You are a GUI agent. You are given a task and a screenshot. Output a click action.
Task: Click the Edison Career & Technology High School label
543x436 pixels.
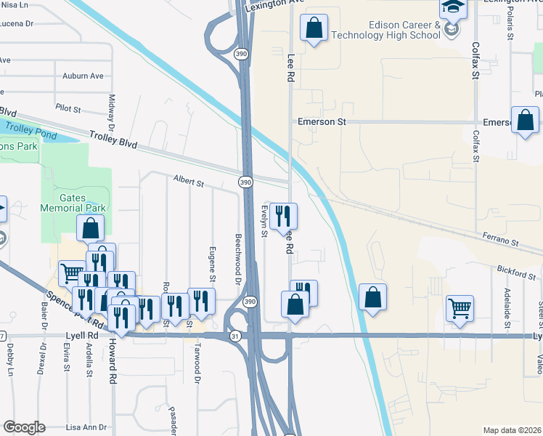[384, 30]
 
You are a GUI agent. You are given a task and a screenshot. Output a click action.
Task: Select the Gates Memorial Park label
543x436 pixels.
[83, 203]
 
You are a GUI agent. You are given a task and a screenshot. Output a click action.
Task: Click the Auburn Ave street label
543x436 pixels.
[83, 76]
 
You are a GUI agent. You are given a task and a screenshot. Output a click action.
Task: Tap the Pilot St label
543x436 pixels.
[68, 108]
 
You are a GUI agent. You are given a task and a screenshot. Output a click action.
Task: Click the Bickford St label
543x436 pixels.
[515, 272]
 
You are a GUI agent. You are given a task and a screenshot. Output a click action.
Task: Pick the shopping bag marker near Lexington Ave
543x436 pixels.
[314, 29]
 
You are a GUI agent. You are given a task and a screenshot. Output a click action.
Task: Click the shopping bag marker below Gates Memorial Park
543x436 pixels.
[89, 228]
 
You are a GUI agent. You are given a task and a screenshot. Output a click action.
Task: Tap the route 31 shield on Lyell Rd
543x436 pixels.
[234, 336]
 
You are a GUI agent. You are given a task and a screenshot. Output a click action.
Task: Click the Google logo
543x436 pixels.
[23, 427]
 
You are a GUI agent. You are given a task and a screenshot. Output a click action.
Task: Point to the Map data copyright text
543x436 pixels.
[512, 430]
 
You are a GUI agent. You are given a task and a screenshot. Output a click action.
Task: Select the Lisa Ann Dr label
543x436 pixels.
[86, 427]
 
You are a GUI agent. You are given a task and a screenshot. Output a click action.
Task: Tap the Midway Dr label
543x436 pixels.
[112, 108]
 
